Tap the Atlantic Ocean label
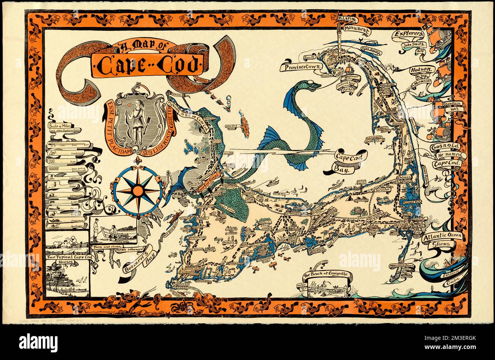point(442,236)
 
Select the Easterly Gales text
point(453,276)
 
